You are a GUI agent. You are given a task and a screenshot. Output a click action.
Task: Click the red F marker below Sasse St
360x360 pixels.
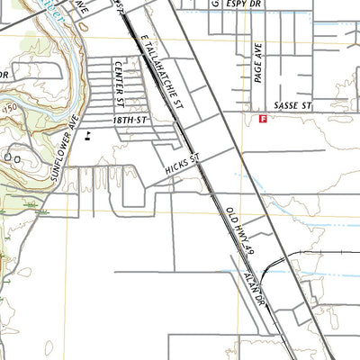pyautogui.click(x=263, y=118)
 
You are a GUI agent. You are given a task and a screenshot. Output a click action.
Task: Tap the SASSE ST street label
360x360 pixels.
pyautogui.click(x=292, y=106)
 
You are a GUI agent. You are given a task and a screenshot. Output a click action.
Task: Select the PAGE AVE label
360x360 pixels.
pyautogui.click(x=257, y=66)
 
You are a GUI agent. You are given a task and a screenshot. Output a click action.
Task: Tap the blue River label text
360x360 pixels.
pyautogui.click(x=45, y=6)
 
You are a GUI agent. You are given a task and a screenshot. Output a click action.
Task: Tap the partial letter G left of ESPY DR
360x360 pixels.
pyautogui.click(x=215, y=4)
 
